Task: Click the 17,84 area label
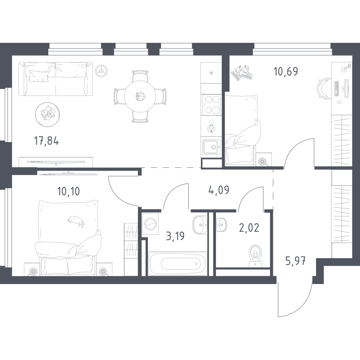46,141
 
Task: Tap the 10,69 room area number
286,71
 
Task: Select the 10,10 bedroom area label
68,191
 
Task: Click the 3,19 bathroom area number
175,236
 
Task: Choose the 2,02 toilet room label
249,228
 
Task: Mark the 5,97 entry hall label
296,261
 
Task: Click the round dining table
140,96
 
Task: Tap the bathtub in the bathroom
178,264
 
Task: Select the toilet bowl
256,256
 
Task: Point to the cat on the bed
76,221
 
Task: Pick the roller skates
242,73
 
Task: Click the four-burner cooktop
211,105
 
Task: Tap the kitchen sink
211,147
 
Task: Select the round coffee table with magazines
48,114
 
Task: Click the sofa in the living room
55,79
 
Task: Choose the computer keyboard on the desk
337,89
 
